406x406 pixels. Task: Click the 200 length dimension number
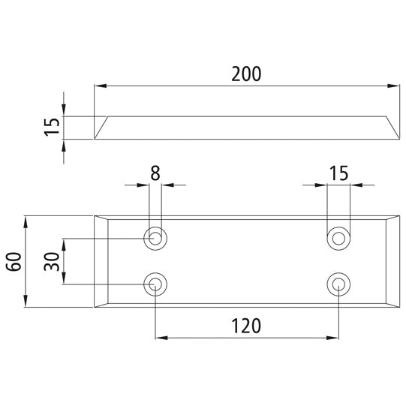(x=247, y=74)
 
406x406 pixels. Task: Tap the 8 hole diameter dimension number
(x=155, y=172)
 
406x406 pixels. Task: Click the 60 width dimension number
(x=13, y=262)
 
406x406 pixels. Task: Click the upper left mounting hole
(x=155, y=239)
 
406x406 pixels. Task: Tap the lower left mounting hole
(x=155, y=284)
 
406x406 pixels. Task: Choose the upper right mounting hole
(x=339, y=239)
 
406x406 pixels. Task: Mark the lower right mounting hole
(x=339, y=284)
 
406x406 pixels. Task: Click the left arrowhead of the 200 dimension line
(x=99, y=86)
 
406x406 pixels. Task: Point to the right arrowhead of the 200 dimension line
(x=395, y=86)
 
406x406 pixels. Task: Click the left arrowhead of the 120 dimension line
(x=160, y=338)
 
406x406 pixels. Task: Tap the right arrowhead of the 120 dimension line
(x=335, y=338)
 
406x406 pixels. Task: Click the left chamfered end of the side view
(x=101, y=128)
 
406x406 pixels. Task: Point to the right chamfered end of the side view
(x=392, y=128)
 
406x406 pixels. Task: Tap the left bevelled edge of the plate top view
(x=102, y=262)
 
